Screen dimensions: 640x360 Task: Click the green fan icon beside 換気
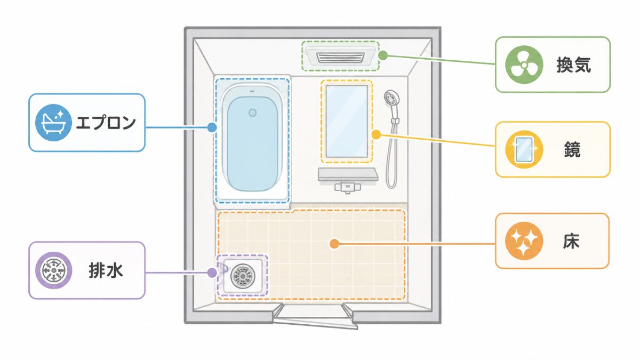tap(524, 65)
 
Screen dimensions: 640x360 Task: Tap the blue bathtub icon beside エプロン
tap(53, 123)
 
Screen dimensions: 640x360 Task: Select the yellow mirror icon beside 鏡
tap(524, 149)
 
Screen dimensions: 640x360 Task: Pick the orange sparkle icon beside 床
tap(524, 241)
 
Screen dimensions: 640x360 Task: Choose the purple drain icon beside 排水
tap(53, 270)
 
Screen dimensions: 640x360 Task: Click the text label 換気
tap(573, 65)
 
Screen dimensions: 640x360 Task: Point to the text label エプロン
tap(106, 123)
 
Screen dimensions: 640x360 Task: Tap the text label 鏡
tap(572, 149)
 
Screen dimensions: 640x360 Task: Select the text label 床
tap(571, 241)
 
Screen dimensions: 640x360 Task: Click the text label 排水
tap(106, 270)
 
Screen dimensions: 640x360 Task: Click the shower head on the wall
tap(391, 99)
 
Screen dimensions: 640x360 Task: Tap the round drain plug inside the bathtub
tap(252, 113)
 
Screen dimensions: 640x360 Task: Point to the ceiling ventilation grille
tap(340, 58)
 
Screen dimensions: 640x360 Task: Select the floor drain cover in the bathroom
tap(243, 276)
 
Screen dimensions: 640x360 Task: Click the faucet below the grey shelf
tap(347, 187)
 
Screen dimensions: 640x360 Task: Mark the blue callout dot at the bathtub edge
tap(212, 127)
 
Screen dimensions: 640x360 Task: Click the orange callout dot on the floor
tap(334, 244)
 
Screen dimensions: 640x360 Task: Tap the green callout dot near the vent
tap(383, 55)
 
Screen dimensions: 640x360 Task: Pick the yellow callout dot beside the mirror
tap(377, 134)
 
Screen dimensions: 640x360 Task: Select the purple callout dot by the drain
tap(212, 273)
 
